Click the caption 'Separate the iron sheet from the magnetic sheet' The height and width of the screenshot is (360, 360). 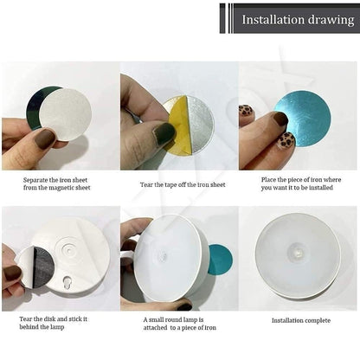[58, 183]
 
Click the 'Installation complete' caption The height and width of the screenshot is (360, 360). [300, 320]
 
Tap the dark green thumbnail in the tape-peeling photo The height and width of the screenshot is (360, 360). [164, 132]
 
